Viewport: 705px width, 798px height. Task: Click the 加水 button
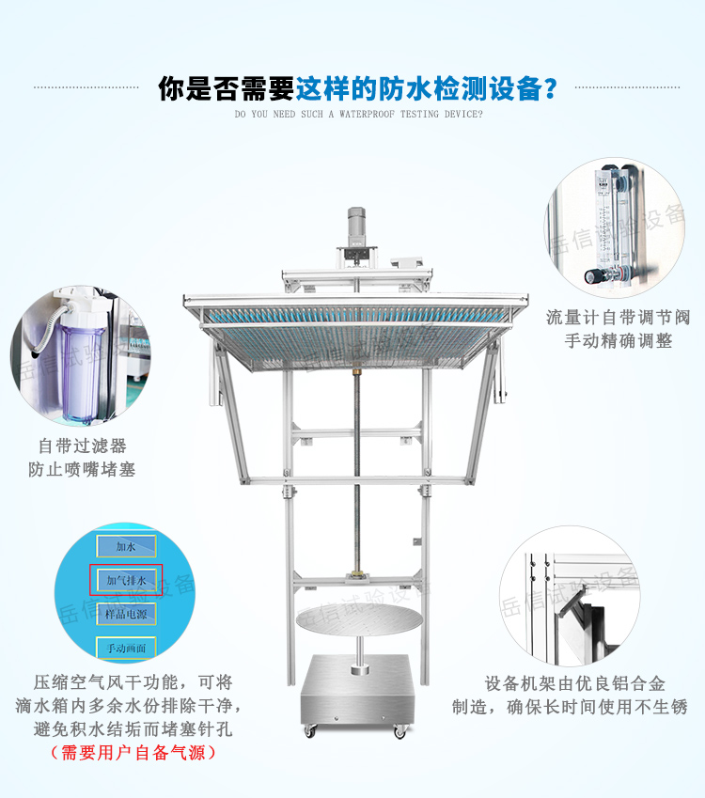point(126,546)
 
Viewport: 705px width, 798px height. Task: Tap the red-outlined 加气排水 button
point(126,580)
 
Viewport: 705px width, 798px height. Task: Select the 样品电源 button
point(126,613)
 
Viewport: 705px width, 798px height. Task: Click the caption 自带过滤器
point(82,446)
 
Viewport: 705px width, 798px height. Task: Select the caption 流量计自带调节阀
point(618,318)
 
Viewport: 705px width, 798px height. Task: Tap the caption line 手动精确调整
point(618,341)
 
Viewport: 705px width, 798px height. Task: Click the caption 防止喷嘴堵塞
point(82,469)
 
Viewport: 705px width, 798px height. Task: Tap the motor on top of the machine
point(356,227)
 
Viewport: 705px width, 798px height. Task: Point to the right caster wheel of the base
point(400,730)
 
